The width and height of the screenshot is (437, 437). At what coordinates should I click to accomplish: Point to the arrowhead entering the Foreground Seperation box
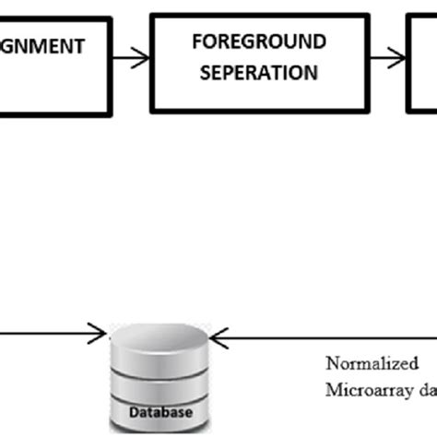(x=144, y=58)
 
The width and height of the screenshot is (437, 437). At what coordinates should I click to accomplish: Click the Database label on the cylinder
(x=154, y=413)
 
